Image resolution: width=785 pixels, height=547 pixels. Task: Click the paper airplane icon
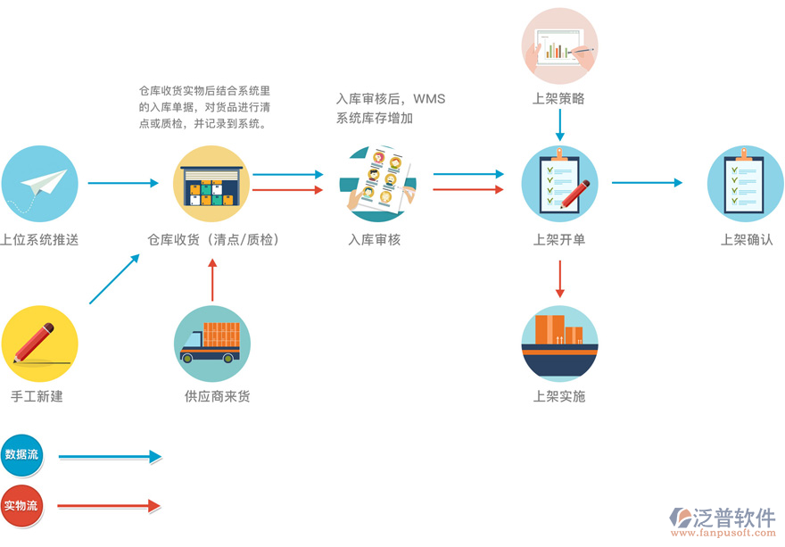[x=39, y=184]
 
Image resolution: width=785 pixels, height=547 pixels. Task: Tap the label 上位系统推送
[x=39, y=240]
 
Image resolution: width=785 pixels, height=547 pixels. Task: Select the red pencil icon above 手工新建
[x=39, y=344]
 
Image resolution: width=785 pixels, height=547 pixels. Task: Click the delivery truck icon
[x=211, y=344]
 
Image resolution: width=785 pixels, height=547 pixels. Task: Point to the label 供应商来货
[x=211, y=395]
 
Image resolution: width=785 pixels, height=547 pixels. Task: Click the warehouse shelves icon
[x=211, y=184]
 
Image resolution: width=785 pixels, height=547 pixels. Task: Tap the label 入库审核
[x=375, y=240]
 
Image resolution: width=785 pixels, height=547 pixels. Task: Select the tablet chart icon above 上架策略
[x=559, y=46]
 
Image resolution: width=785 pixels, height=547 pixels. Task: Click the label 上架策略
[x=559, y=99]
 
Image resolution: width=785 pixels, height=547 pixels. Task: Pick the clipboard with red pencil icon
[x=559, y=184]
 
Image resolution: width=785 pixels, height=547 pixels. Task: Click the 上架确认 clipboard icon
[x=746, y=184]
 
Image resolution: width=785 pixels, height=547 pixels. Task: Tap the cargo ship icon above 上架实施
[x=559, y=344]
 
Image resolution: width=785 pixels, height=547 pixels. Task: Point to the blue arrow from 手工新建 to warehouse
[x=114, y=279]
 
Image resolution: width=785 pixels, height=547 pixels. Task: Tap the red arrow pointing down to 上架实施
[x=559, y=278]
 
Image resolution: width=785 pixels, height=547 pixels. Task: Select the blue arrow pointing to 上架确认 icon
[x=646, y=183]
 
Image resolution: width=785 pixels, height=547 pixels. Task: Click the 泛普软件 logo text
[x=734, y=518]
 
